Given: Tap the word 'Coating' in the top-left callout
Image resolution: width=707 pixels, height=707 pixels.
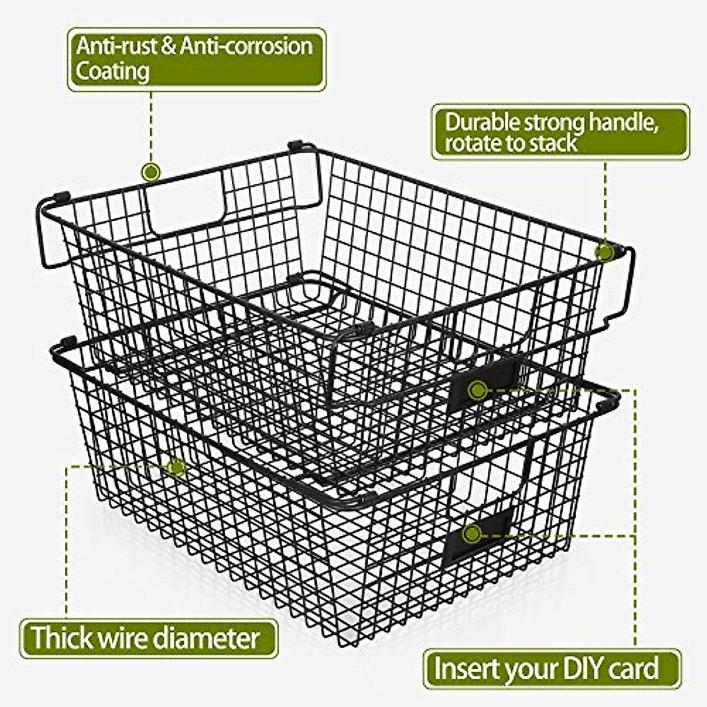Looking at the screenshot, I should [x=112, y=71].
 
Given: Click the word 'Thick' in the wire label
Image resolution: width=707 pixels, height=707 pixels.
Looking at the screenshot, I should [x=62, y=638].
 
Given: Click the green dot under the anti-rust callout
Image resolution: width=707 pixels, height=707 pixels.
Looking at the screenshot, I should [x=151, y=172].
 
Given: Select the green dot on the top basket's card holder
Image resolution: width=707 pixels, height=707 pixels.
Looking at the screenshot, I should [x=477, y=389].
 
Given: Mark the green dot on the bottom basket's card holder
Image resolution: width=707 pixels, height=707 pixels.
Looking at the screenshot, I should [x=470, y=534].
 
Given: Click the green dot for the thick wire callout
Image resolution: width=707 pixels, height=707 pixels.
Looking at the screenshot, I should [x=176, y=468].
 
